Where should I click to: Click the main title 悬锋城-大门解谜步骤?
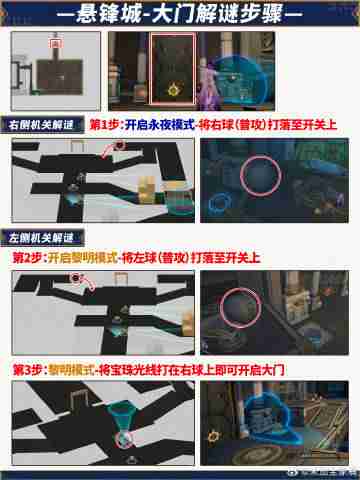tap(180, 16)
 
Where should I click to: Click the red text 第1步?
tap(104, 127)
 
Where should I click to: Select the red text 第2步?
tap(27, 257)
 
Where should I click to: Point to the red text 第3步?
tap(27, 369)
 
